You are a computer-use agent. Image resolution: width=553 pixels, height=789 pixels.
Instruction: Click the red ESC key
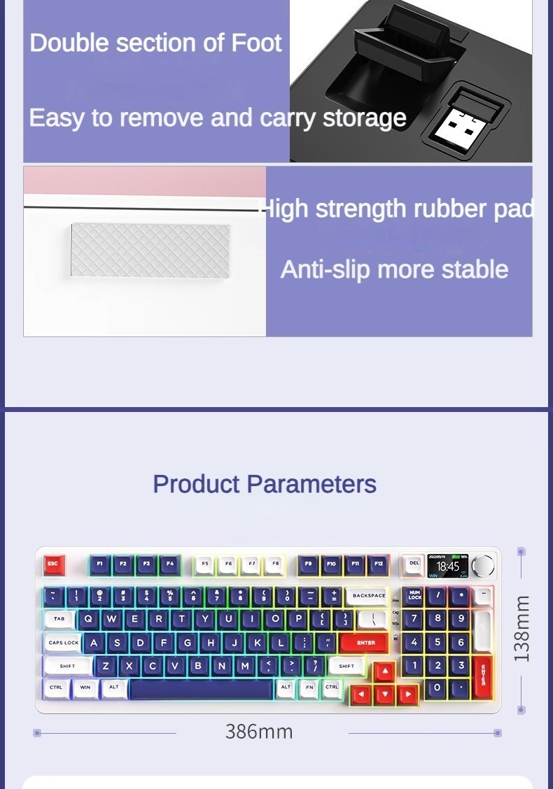[x=54, y=564]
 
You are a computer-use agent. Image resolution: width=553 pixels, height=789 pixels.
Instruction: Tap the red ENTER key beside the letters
[x=365, y=642]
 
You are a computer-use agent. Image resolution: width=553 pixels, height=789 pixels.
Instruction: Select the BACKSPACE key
[x=368, y=596]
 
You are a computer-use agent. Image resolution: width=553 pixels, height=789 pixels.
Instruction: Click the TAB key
[x=59, y=619]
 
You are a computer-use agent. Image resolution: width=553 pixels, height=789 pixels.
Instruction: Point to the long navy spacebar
[x=200, y=689]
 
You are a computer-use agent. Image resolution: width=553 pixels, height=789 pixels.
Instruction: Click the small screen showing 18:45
[x=447, y=565]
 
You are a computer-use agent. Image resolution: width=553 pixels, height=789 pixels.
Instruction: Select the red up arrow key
[x=384, y=672]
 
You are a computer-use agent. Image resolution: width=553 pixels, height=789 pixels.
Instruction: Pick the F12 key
[x=378, y=564]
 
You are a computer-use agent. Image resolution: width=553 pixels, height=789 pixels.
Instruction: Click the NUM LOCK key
[x=414, y=596]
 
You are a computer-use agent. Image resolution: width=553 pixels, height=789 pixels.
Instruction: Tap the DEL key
[x=414, y=564]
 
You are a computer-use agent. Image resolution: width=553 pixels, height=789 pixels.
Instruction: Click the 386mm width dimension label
[x=259, y=732]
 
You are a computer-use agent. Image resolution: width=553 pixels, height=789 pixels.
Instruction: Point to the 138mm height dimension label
[x=521, y=629]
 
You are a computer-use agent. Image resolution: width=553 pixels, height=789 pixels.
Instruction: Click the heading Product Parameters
[x=265, y=484]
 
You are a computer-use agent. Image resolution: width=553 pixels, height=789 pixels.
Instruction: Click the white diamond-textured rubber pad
[x=150, y=250]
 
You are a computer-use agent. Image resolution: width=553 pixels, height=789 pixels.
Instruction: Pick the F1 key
[x=100, y=564]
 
